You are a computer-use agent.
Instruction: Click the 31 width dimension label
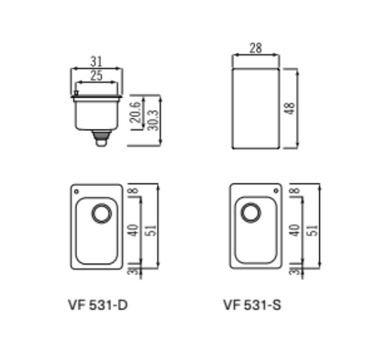[x=96, y=62]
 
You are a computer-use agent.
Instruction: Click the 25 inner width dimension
[x=96, y=75]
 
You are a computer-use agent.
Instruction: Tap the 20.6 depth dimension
[x=136, y=112]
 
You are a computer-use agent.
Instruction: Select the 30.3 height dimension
[x=153, y=120]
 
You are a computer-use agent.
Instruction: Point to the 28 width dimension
[x=256, y=48]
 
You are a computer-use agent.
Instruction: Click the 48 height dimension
[x=290, y=108]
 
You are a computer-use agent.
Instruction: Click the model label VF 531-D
[x=98, y=305]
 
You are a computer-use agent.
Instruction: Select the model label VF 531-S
[x=252, y=305]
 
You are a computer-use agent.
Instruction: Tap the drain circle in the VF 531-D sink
[x=102, y=213]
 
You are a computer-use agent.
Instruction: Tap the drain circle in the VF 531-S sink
[x=251, y=212]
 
